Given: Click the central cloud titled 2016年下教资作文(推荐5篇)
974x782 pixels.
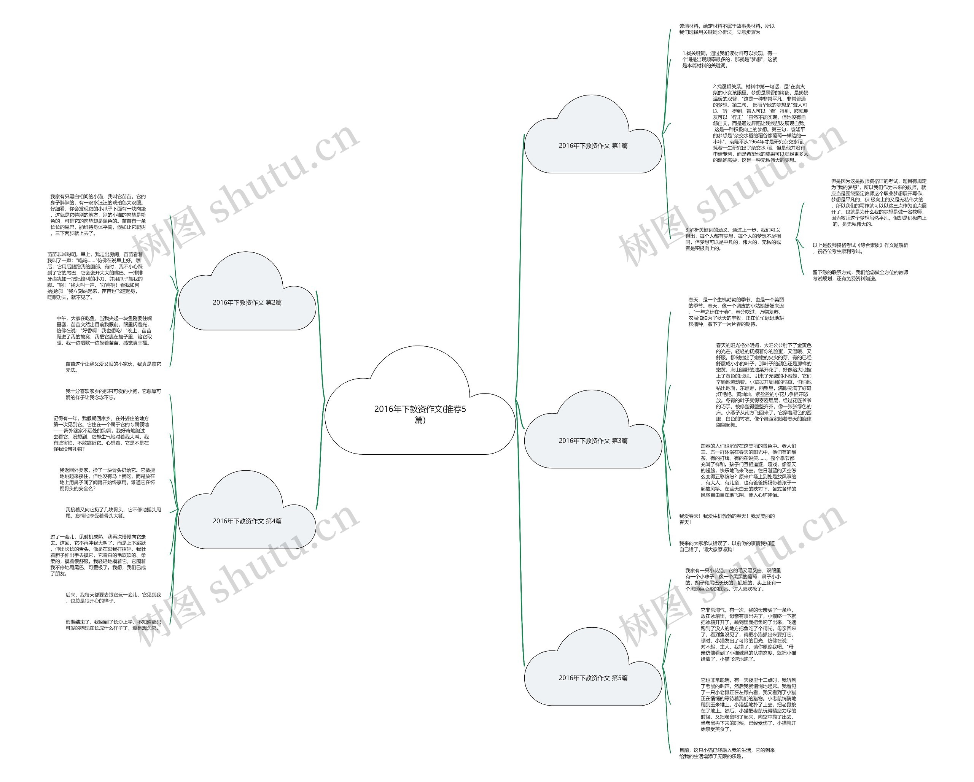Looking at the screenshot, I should tap(420, 414).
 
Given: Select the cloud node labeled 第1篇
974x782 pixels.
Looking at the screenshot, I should tap(593, 145).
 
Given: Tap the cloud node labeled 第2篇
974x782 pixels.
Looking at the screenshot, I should tap(247, 302).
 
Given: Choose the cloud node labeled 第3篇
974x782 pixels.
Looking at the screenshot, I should tap(593, 440).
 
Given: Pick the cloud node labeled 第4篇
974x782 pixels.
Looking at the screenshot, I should tap(247, 520).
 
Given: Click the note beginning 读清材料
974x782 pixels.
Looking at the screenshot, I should tap(726, 29).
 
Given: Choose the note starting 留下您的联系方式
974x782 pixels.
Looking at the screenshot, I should tap(860, 275).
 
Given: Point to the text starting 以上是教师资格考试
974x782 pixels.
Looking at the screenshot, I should tap(860, 248).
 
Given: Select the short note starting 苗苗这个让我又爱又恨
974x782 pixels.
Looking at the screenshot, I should tap(113, 366).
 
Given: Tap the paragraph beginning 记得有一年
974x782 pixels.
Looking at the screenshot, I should tap(101, 433).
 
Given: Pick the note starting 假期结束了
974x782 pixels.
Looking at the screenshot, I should tap(113, 625).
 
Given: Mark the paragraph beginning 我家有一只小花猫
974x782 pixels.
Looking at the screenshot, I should tap(732, 580).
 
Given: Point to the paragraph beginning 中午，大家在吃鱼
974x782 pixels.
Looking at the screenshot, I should tap(104, 330).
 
